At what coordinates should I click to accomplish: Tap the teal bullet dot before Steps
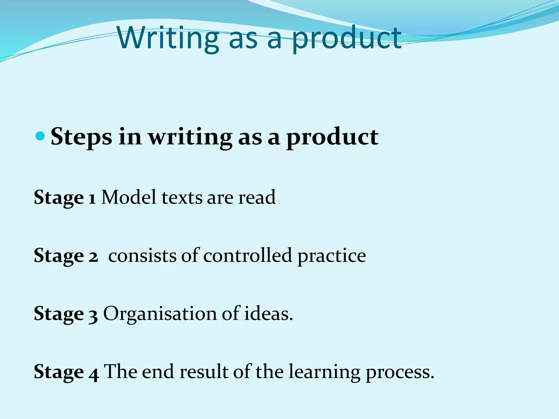click(x=40, y=136)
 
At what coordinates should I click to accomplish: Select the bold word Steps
click(x=81, y=137)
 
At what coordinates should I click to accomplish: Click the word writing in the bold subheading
click(x=190, y=137)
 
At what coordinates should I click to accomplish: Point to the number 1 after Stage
click(x=92, y=197)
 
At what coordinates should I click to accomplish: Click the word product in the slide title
click(x=347, y=39)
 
